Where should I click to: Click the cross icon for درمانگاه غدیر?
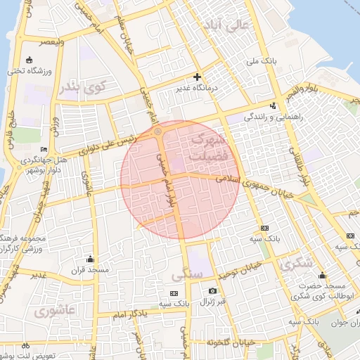click(x=197, y=77)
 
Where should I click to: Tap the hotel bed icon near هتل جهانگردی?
click(x=44, y=150)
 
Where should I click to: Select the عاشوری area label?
click(x=56, y=310)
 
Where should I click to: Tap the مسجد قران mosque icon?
click(x=89, y=259)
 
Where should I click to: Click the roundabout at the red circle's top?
click(x=157, y=131)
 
